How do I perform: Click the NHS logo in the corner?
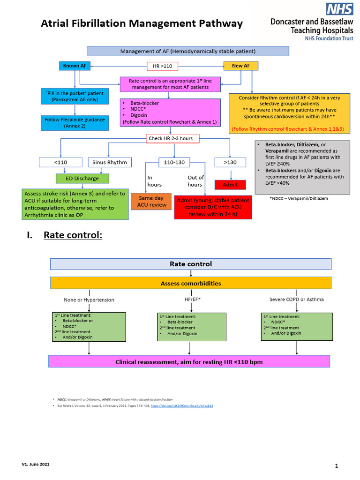pyautogui.click(x=340, y=9)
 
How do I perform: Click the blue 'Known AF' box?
pyautogui.click(x=75, y=66)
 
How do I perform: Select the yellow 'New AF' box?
pyautogui.click(x=240, y=66)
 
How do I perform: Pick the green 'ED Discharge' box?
pyautogui.click(x=82, y=178)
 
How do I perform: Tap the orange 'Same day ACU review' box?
pyautogui.click(x=152, y=202)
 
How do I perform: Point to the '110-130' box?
pyautogui.click(x=174, y=163)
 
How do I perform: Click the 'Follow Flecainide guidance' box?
pyautogui.click(x=75, y=123)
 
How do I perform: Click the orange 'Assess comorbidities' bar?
pyautogui.click(x=190, y=283)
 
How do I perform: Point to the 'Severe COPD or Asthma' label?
pyautogui.click(x=296, y=299)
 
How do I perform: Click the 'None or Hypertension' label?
pyautogui.click(x=89, y=300)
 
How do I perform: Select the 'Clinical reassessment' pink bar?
pyautogui.click(x=190, y=362)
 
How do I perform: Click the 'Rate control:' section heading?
pyautogui.click(x=73, y=235)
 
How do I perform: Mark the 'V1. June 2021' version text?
pyautogui.click(x=35, y=465)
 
